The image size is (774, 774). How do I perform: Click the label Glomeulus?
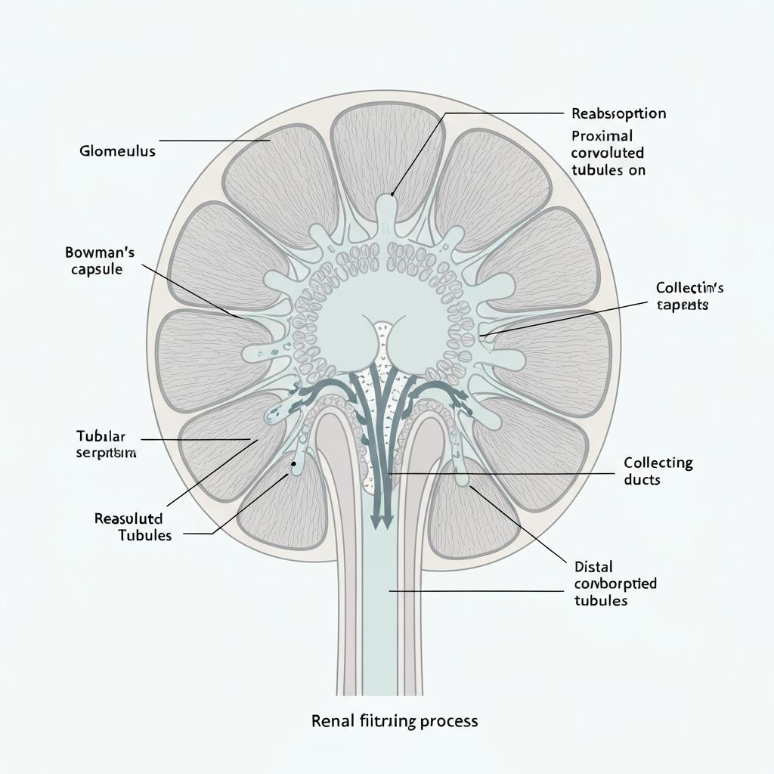click(x=117, y=151)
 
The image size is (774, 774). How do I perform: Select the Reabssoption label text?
click(x=618, y=114)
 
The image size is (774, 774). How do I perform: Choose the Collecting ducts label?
click(x=658, y=471)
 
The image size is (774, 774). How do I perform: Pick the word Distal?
click(x=594, y=566)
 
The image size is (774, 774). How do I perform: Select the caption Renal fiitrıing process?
click(x=395, y=720)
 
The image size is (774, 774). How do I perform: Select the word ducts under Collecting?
click(x=642, y=480)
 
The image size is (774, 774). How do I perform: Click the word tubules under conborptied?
click(x=601, y=601)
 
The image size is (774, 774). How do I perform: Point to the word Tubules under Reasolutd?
click(x=144, y=536)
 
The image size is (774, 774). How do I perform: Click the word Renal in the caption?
click(x=331, y=720)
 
